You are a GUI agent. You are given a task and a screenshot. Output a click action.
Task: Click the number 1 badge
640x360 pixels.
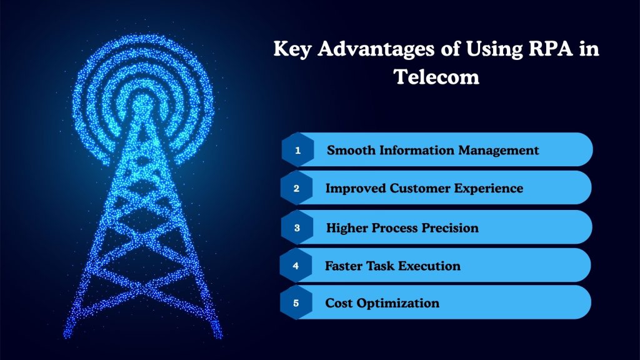click(298, 150)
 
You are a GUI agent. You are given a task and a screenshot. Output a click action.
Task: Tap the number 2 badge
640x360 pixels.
click(297, 188)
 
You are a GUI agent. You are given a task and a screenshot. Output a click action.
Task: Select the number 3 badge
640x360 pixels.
click(297, 227)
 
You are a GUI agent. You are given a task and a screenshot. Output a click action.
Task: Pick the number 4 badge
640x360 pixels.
click(296, 265)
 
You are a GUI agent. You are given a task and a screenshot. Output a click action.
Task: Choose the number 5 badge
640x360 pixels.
click(297, 303)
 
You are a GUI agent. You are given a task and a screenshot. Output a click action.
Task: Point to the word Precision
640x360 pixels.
click(448, 227)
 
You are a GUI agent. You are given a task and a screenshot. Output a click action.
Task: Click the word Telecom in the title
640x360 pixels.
click(436, 78)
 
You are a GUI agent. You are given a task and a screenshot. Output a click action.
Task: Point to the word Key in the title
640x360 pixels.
click(291, 50)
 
